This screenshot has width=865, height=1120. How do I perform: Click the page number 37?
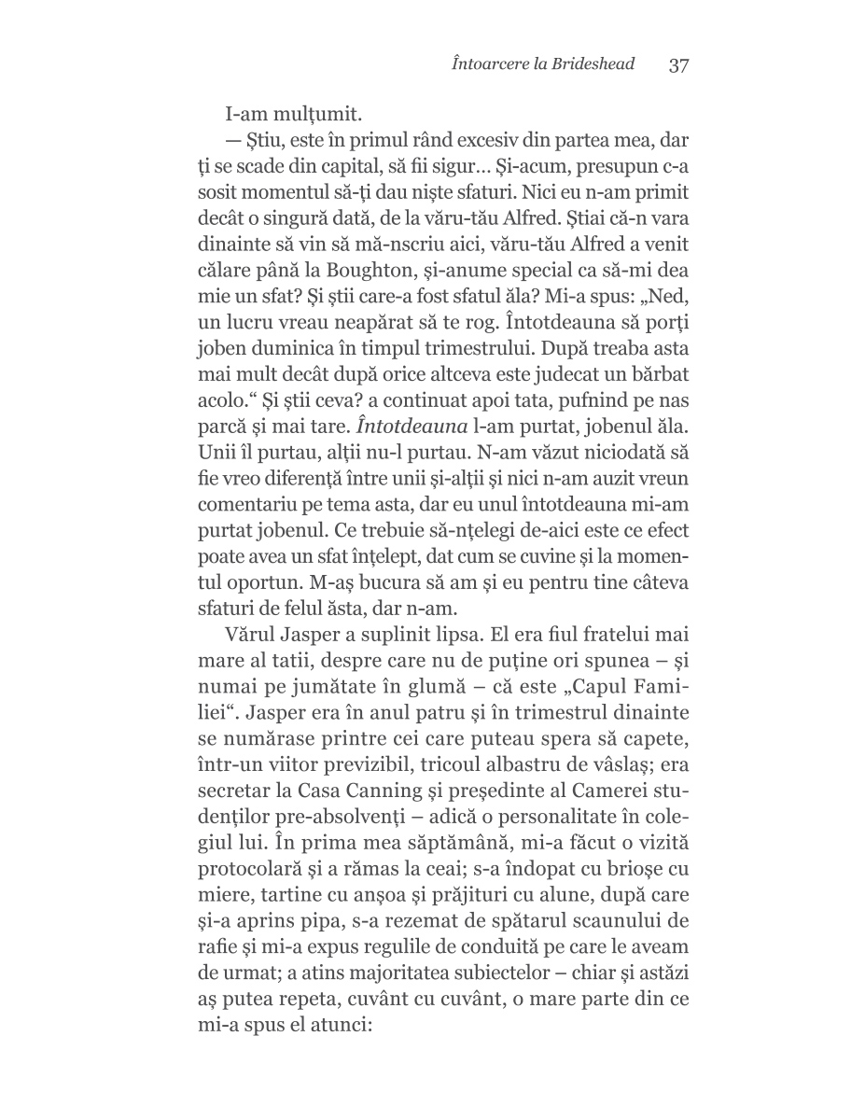(678, 65)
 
